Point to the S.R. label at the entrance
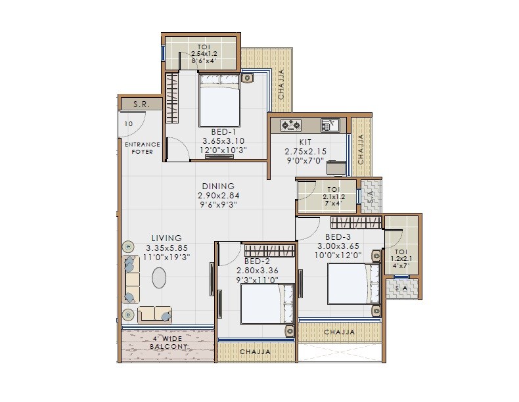point(139,104)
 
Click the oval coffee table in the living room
point(160,278)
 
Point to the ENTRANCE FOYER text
point(142,148)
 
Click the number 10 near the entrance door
point(128,123)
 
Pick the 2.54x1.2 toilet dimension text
point(204,54)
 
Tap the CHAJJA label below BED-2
point(255,352)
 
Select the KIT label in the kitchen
point(305,142)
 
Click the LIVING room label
point(166,238)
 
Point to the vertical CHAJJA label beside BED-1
point(281,84)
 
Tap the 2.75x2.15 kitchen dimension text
point(305,150)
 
